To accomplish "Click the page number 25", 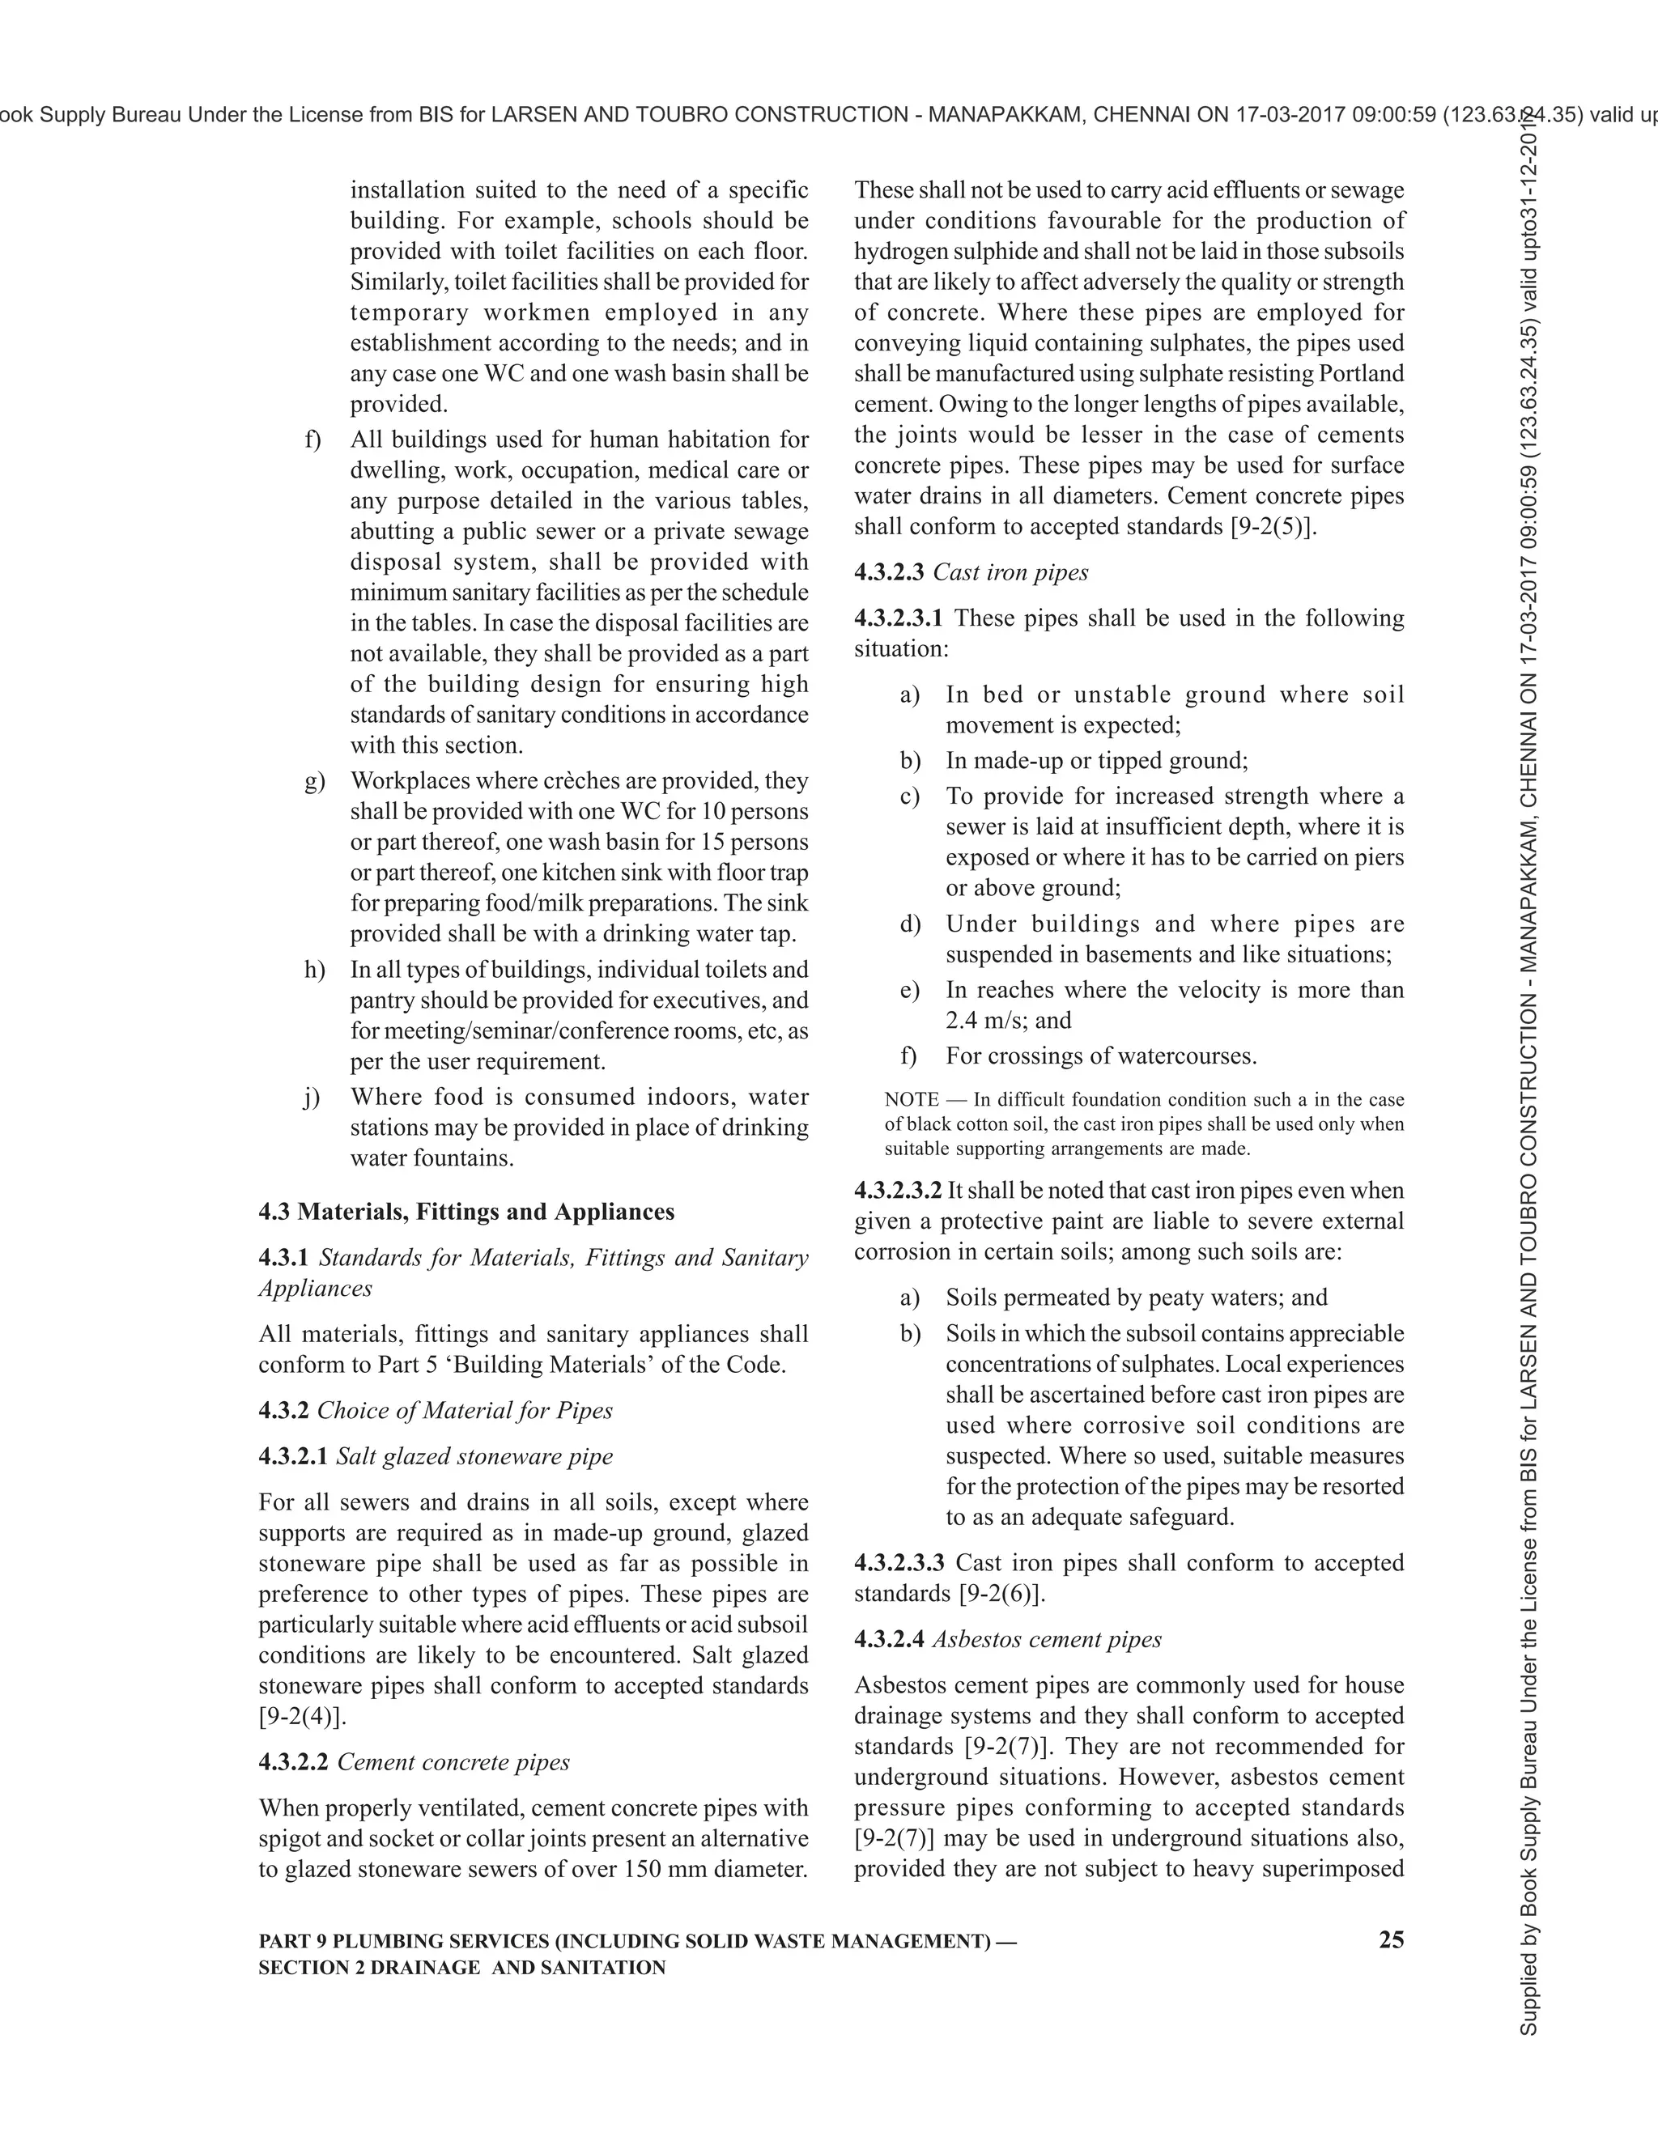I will click(x=1391, y=1939).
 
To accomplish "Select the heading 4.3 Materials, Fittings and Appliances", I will click(x=466, y=1211).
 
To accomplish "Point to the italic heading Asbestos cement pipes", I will click(x=1046, y=1638).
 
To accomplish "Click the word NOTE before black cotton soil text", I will click(x=912, y=1099).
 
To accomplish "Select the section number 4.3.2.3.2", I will click(x=898, y=1191).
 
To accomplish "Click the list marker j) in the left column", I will click(x=312, y=1097).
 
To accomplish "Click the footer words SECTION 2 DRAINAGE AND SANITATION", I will click(x=461, y=1967).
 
